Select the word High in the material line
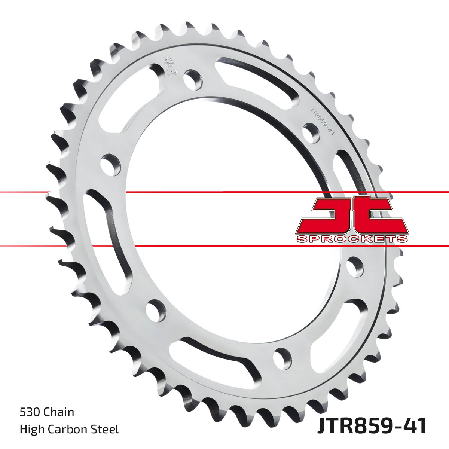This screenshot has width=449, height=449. pyautogui.click(x=31, y=429)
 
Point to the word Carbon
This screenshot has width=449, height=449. pyautogui.click(x=71, y=429)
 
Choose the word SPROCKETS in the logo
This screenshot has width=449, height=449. pyautogui.click(x=352, y=239)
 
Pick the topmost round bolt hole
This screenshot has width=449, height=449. pyautogui.click(x=193, y=79)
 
